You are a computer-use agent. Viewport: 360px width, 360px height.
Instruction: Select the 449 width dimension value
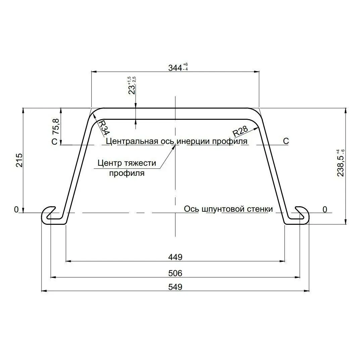point(175,257)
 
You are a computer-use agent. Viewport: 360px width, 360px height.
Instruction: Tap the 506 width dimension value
point(175,273)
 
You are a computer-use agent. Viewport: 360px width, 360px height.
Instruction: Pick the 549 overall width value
point(175,287)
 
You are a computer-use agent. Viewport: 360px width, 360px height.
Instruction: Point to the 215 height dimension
point(19,160)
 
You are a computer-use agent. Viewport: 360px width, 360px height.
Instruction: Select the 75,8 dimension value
point(56,126)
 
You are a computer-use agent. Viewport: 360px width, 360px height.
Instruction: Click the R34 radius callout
point(104,127)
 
